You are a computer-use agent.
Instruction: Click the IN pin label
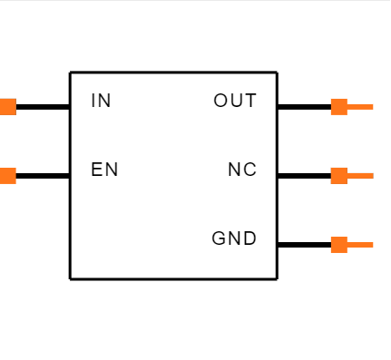pos(101,101)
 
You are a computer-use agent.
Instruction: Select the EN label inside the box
pos(104,170)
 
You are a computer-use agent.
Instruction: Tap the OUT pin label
pos(235,101)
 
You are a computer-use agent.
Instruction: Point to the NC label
pos(242,170)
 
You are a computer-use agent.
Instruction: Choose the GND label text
pos(234,238)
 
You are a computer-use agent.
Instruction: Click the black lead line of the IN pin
pos(43,107)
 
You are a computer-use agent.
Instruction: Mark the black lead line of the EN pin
pos(43,176)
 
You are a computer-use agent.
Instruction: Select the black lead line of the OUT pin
pos(304,107)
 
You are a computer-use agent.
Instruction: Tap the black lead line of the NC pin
pos(304,176)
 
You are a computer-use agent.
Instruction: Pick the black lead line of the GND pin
pos(304,245)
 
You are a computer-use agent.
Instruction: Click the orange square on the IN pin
pos(8,107)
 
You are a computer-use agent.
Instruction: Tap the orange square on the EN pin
pos(8,176)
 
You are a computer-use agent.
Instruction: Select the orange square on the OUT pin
pos(339,107)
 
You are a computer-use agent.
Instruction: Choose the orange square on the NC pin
pos(339,176)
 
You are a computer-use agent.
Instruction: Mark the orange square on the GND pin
pos(339,245)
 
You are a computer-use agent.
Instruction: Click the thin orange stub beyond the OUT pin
pos(360,107)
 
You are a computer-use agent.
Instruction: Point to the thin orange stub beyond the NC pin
pos(360,176)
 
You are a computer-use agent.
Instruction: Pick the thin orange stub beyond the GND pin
pos(360,245)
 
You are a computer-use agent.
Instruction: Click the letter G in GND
pos(218,238)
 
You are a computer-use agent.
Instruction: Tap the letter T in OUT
pos(251,101)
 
